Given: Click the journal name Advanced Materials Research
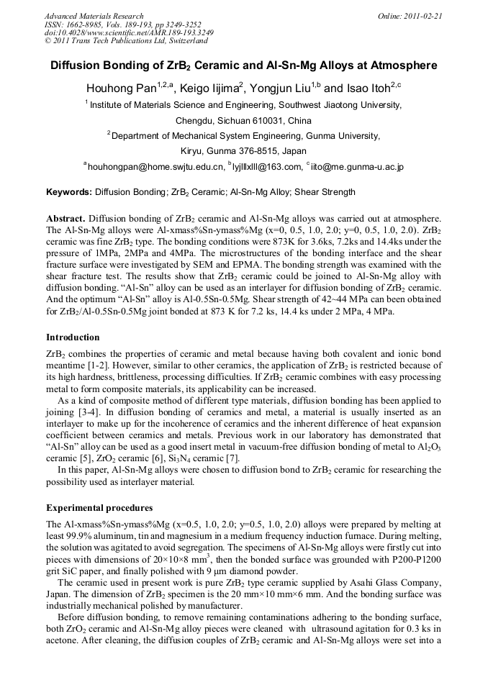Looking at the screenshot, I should [94, 16].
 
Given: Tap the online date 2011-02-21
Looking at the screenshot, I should [422, 16].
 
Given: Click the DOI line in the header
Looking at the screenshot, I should [118, 32].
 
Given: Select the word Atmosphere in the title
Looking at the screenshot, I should [402, 65].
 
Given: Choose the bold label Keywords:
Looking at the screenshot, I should [69, 192].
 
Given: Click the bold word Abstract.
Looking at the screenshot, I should [66, 218].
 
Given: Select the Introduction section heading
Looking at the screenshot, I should [73, 337].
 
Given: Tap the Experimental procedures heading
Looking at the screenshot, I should [99, 508].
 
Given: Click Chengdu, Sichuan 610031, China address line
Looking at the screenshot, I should [243, 120].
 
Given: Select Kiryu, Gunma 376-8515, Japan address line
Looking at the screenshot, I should [243, 151].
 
